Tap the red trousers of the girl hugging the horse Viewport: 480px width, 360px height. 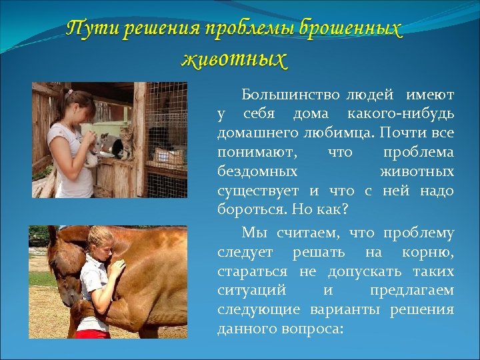click(93, 333)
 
